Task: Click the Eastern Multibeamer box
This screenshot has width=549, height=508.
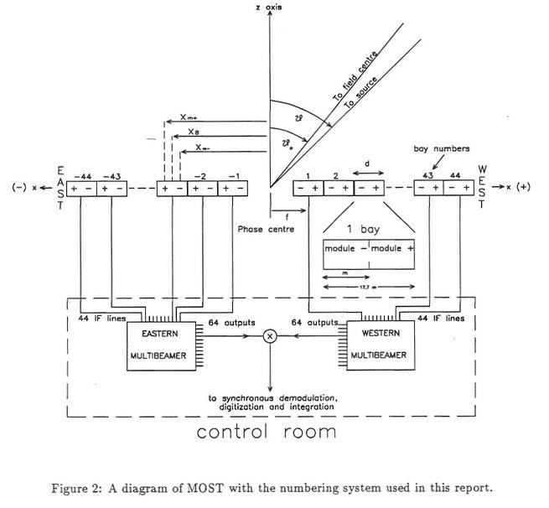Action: [159, 344]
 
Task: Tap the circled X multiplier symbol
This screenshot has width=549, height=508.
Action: [270, 335]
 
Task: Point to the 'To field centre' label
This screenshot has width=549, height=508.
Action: [355, 77]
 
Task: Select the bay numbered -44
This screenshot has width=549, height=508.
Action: [82, 189]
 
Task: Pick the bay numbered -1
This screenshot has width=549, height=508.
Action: [230, 189]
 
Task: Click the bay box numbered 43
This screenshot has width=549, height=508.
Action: [428, 189]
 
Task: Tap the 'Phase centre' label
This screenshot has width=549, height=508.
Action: [261, 229]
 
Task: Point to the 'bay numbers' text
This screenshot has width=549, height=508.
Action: [437, 148]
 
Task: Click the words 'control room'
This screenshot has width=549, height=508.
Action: [267, 433]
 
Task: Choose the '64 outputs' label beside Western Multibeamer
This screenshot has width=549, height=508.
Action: [314, 321]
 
